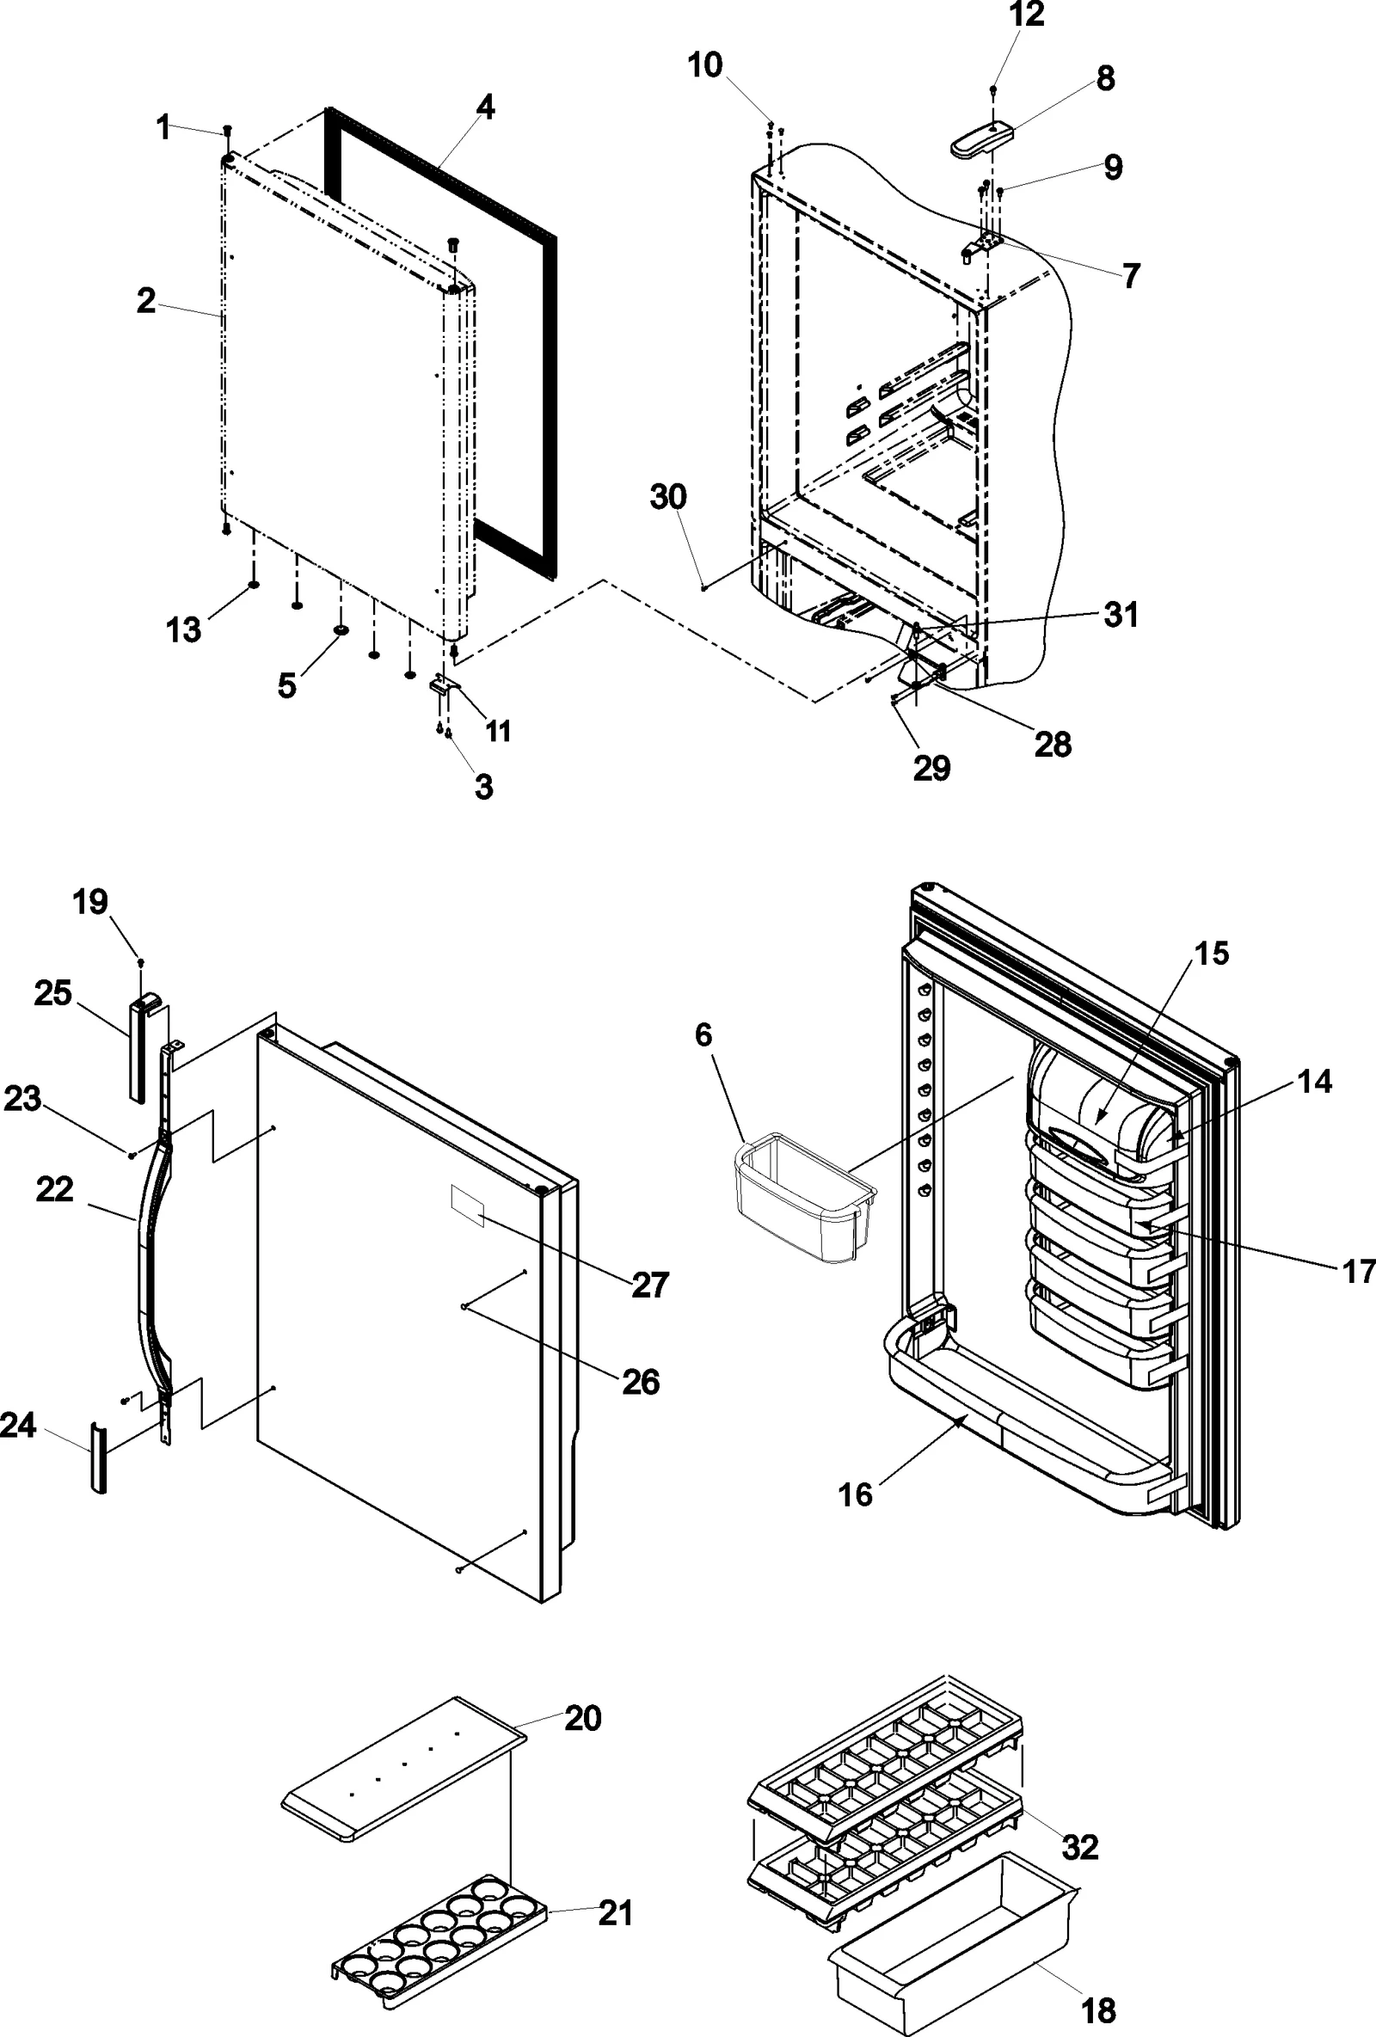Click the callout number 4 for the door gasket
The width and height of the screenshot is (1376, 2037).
click(x=485, y=107)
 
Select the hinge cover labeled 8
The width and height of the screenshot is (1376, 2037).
click(x=980, y=140)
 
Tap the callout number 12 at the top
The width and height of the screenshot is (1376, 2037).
click(x=1026, y=15)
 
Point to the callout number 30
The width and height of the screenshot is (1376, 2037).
click(x=668, y=497)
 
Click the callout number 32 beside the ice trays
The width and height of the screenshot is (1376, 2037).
click(x=1079, y=1847)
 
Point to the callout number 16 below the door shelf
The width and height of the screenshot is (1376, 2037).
click(x=856, y=1494)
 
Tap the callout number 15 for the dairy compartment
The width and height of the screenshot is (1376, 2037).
click(x=1212, y=953)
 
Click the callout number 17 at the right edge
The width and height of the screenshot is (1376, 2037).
click(x=1359, y=1271)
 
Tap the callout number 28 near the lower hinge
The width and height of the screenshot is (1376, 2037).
click(x=1053, y=744)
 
